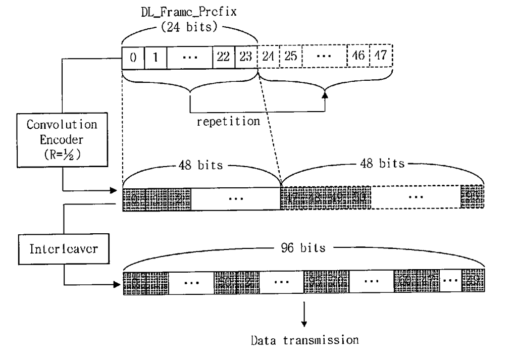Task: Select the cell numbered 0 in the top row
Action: tap(133, 55)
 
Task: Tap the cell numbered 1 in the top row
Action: tap(156, 55)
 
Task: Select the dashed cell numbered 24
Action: tap(268, 55)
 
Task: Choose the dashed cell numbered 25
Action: tap(289, 55)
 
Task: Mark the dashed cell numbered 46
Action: tap(358, 55)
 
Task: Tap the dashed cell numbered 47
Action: tap(381, 55)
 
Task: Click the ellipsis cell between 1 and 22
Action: tap(190, 55)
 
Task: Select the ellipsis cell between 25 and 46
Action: tap(324, 55)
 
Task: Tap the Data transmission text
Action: tap(305, 339)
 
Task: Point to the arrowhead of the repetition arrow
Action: tap(324, 95)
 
